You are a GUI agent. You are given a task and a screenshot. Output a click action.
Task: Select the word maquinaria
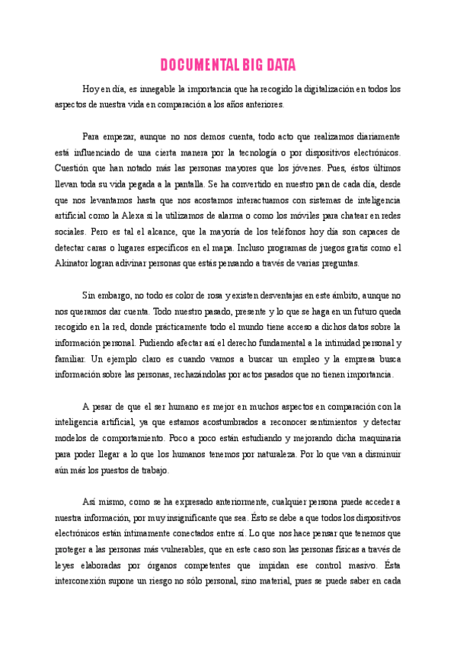pos(376,437)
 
